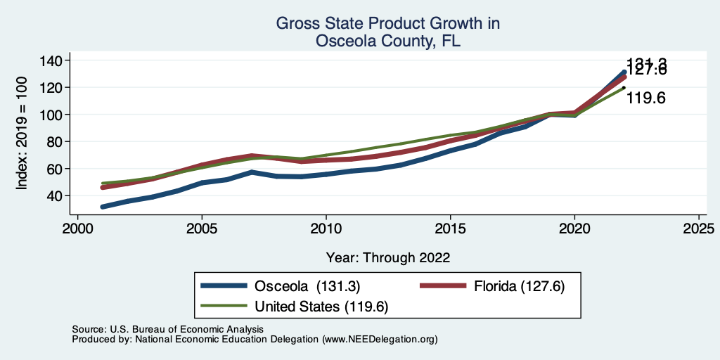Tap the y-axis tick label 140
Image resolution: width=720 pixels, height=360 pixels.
51,60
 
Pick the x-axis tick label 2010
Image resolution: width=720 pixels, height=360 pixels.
326,229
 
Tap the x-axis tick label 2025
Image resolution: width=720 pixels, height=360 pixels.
699,229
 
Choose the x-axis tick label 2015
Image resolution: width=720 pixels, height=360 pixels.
451,229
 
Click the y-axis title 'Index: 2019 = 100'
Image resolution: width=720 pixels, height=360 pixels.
22,134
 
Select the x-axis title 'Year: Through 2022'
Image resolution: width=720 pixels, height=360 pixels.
388,257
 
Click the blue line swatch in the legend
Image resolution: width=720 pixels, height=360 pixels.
224,286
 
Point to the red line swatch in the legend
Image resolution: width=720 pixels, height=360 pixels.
443,286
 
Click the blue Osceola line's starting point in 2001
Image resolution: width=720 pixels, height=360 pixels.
103,207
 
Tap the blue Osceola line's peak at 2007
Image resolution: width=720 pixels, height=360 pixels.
252,172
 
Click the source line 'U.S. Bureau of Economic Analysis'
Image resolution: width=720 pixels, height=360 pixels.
186,329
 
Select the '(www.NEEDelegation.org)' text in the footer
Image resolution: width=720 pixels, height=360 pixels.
380,339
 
